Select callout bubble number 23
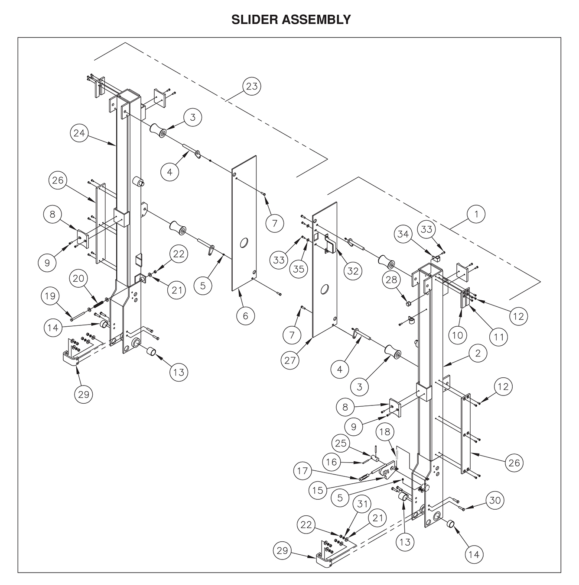pyautogui.click(x=251, y=86)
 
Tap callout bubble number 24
pyautogui.click(x=79, y=133)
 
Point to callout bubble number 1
pyautogui.click(x=476, y=214)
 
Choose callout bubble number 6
pyautogui.click(x=245, y=316)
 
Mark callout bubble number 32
pyautogui.click(x=352, y=270)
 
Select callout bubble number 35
pyautogui.click(x=298, y=268)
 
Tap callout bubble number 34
pyautogui.click(x=403, y=234)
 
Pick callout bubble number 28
pyautogui.click(x=391, y=280)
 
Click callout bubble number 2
pyautogui.click(x=478, y=354)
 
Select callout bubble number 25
pyautogui.click(x=342, y=443)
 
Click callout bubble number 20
pyautogui.click(x=78, y=279)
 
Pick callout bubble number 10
pyautogui.click(x=458, y=334)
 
